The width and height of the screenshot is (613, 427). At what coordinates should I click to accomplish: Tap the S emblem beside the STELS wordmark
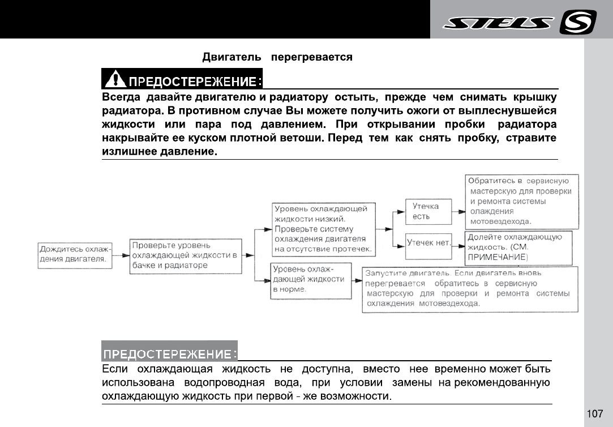[577, 23]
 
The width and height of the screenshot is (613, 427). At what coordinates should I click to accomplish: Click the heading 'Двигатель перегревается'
[277, 57]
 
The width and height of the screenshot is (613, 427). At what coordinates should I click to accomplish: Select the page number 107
[595, 414]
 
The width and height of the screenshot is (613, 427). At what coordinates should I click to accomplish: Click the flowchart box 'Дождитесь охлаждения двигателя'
[75, 254]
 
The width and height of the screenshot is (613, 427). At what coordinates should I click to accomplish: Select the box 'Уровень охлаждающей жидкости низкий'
[322, 229]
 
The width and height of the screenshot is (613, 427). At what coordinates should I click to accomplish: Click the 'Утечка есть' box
[429, 211]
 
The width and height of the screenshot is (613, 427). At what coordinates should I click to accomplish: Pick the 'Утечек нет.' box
[428, 243]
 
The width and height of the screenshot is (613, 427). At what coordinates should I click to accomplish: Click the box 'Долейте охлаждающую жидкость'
[518, 247]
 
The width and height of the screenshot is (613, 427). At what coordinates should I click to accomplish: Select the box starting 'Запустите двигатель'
[470, 289]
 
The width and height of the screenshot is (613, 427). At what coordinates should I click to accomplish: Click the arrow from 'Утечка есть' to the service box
[458, 211]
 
